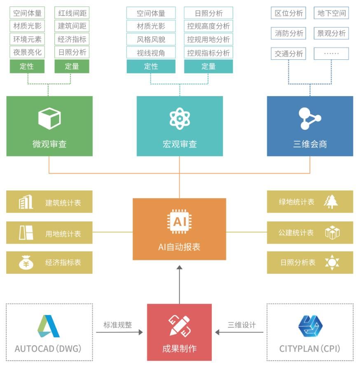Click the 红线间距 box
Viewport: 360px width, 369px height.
(x=72, y=13)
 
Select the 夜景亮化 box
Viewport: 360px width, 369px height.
(x=27, y=52)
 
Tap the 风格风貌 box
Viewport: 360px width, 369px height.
(x=151, y=40)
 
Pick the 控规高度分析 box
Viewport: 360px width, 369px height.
(x=208, y=26)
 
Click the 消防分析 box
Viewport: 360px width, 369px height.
(x=289, y=33)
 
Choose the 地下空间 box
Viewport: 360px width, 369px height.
(x=332, y=13)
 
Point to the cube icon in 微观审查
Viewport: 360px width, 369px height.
(x=49, y=118)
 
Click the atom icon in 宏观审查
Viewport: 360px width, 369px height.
(x=180, y=118)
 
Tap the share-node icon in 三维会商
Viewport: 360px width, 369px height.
(x=309, y=119)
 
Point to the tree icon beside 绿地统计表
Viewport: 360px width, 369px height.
(x=332, y=202)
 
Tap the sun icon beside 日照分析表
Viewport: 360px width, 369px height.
(x=332, y=263)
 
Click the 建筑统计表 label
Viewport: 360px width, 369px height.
(x=63, y=203)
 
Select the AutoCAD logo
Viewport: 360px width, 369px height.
(x=49, y=327)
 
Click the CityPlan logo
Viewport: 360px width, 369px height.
(x=310, y=327)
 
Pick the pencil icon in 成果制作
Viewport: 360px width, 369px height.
(x=180, y=326)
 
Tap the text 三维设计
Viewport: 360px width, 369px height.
(x=242, y=325)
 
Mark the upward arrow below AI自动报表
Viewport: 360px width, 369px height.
(x=179, y=284)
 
